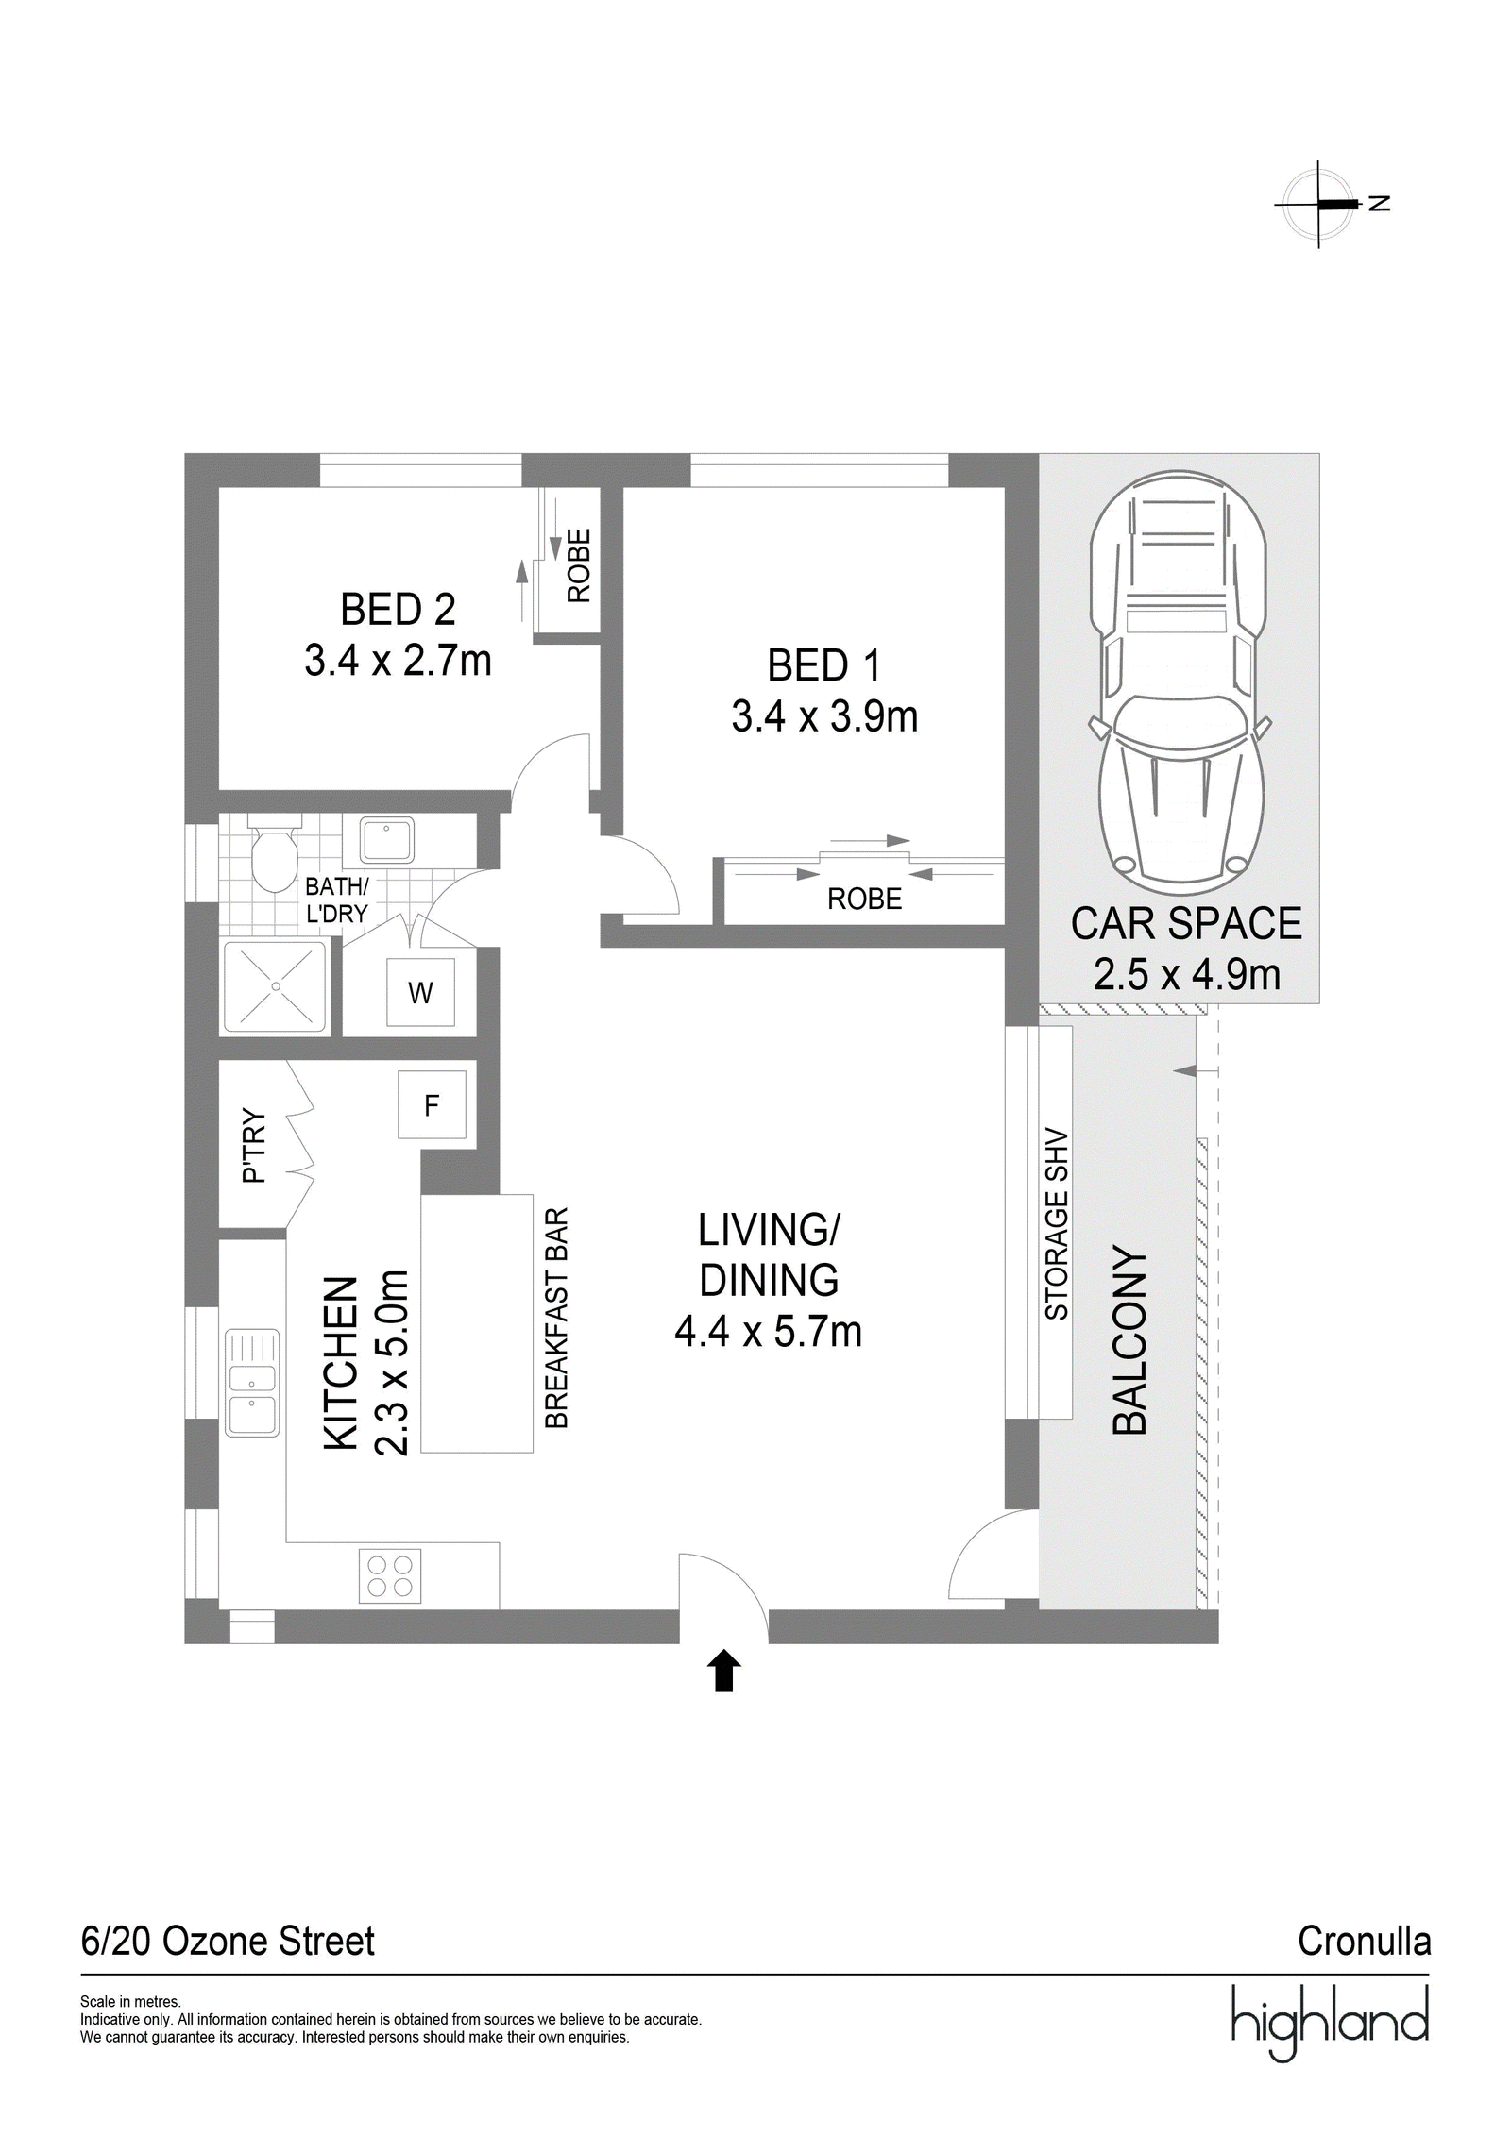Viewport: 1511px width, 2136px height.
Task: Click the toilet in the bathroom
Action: (x=273, y=854)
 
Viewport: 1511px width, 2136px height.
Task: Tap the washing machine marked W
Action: (x=420, y=993)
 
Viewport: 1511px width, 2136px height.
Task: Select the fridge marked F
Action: (x=432, y=1104)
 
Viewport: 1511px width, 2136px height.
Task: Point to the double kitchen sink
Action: (x=252, y=1383)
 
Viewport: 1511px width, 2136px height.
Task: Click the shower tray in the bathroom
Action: (x=275, y=986)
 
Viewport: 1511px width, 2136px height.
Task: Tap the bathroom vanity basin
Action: (x=386, y=840)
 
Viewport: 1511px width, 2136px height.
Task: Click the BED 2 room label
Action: (x=398, y=610)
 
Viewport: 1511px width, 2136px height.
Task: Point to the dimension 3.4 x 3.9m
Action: (x=824, y=716)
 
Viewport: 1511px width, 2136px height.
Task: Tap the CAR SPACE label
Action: (x=1186, y=923)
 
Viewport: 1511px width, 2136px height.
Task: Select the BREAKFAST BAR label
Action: (x=557, y=1318)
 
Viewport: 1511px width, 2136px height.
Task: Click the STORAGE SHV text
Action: (x=1056, y=1224)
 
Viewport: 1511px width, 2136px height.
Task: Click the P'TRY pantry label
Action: (x=254, y=1146)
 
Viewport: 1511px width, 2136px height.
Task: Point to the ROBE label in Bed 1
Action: (x=864, y=900)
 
